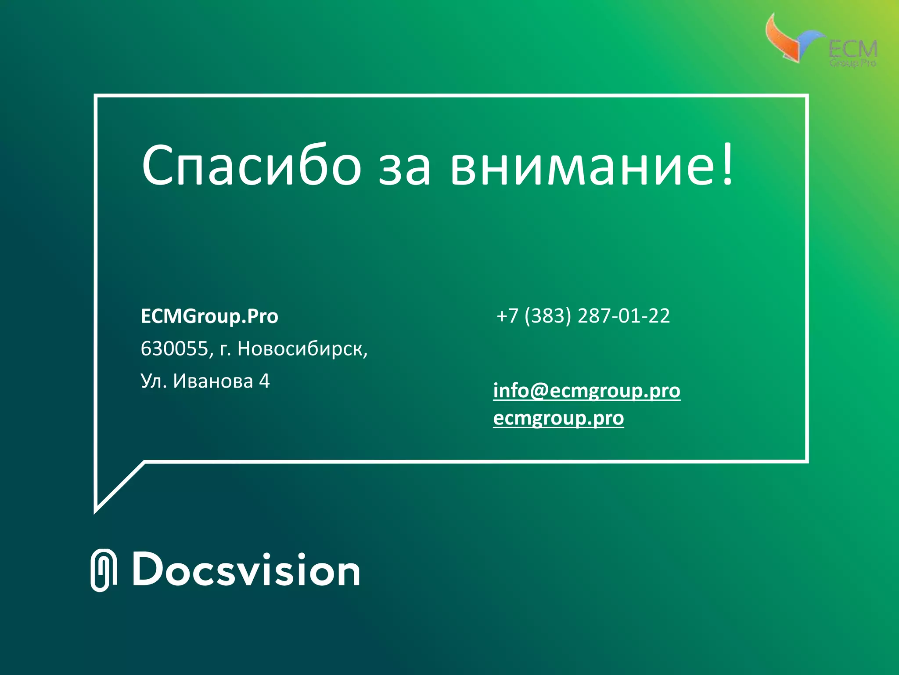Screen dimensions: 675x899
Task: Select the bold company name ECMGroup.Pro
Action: click(x=209, y=316)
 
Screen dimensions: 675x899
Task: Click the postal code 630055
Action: click(x=174, y=349)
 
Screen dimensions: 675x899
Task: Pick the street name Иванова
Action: click(x=213, y=381)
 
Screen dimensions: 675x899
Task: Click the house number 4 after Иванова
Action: click(x=264, y=381)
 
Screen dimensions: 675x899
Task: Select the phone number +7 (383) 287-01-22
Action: click(x=583, y=316)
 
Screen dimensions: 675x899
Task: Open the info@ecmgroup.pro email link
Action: click(x=586, y=391)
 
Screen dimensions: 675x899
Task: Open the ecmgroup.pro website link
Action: click(x=558, y=418)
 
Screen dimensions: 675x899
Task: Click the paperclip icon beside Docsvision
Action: click(x=104, y=570)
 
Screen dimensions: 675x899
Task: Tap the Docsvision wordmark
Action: click(x=246, y=570)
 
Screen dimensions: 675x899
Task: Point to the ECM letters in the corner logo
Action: click(x=852, y=49)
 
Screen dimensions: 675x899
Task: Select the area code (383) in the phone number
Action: click(x=548, y=316)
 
